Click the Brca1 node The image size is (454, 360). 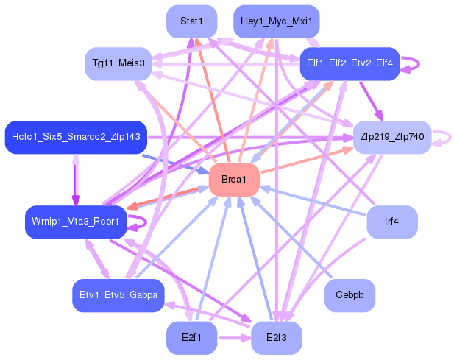234,180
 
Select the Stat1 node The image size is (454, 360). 191,21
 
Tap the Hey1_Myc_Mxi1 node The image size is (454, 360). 276,21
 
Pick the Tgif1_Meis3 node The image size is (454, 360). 118,64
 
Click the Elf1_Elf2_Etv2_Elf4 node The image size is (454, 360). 349,64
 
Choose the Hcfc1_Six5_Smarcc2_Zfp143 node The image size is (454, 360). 76,137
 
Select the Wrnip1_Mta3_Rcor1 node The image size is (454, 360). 76,222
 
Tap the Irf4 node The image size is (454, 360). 392,222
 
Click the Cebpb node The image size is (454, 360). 350,295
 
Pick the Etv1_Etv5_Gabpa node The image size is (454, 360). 118,295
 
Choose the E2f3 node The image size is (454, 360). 276,338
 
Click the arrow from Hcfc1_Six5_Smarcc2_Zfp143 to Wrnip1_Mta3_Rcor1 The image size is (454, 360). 76,179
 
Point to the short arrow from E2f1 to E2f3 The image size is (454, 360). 233,338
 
